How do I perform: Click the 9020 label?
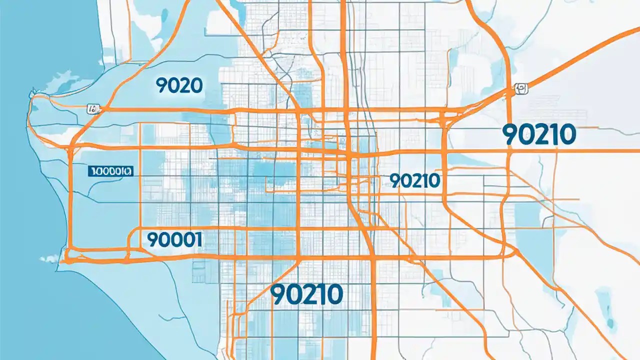tap(179, 86)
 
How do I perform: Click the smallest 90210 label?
tap(414, 180)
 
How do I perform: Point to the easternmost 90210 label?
tap(538, 135)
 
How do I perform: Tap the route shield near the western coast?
tap(93, 107)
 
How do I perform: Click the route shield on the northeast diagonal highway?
tap(520, 89)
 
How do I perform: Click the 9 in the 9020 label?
tap(161, 86)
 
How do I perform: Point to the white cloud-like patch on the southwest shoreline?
tap(49, 258)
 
